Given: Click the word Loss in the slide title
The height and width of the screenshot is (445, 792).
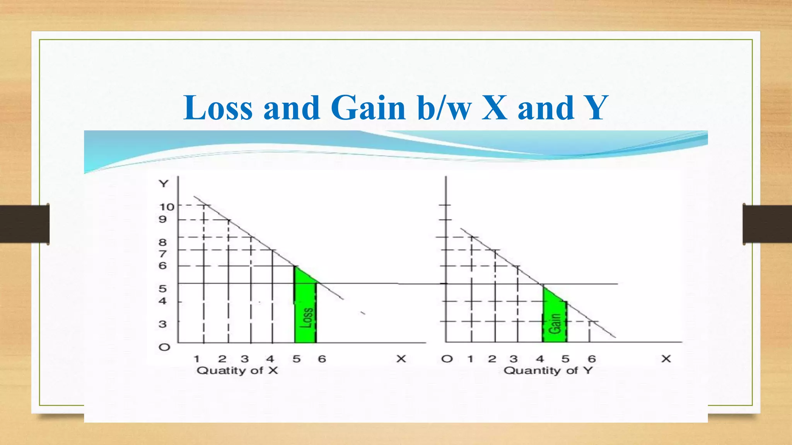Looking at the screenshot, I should (x=218, y=108).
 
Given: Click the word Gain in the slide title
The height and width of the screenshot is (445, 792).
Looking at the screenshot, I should (x=368, y=108).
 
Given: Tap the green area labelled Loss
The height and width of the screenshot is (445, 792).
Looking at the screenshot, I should (x=306, y=313).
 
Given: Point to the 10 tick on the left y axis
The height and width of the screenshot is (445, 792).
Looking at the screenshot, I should (x=167, y=207).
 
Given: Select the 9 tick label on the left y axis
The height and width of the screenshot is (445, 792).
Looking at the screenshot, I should (x=163, y=219).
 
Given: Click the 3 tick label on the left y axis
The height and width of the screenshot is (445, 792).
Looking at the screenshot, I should (x=163, y=324).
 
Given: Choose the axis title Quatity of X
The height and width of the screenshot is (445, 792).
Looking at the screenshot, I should (x=237, y=370).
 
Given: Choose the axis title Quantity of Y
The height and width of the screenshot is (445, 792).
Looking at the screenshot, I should (x=548, y=370).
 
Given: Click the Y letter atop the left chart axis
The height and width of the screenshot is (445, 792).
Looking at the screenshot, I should (x=164, y=183).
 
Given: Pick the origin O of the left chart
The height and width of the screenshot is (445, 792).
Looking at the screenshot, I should (x=164, y=347).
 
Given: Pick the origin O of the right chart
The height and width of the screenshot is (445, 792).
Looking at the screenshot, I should (x=447, y=359).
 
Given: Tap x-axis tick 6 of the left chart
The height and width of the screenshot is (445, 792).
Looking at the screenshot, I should (x=322, y=359).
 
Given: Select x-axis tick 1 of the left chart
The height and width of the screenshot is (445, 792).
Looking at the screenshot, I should (x=196, y=359).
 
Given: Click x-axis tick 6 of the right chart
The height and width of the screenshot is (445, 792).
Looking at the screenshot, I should (x=591, y=359).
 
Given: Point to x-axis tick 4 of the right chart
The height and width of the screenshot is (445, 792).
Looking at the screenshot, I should (x=540, y=359).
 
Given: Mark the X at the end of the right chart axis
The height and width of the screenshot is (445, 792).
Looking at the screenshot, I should (x=666, y=359).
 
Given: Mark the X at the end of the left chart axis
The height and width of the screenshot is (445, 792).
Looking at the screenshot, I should (x=401, y=359).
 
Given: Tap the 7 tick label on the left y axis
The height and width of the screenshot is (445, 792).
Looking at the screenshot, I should (x=163, y=254).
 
